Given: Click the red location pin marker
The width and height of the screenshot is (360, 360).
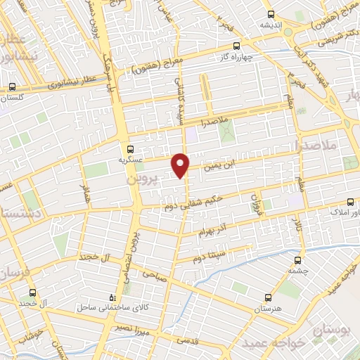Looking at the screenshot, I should [181, 165].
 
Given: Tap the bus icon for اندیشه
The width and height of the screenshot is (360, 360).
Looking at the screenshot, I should [271, 14].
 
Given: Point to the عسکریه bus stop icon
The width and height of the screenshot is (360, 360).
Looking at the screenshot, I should [129, 148].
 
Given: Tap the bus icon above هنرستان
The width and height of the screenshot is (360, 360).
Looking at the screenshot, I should [266, 298].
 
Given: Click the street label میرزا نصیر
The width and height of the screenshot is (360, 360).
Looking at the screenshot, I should [133, 328].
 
